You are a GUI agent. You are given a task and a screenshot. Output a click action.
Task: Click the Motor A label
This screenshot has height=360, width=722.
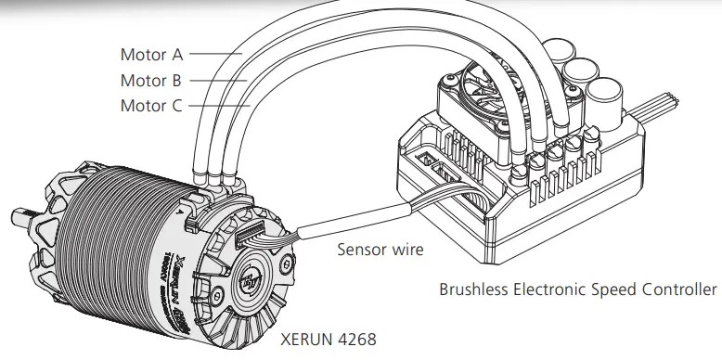click(150, 54)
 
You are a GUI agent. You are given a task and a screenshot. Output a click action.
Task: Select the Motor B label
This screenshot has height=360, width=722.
click(150, 80)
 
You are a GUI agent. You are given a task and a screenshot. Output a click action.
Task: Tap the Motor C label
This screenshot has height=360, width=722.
click(150, 106)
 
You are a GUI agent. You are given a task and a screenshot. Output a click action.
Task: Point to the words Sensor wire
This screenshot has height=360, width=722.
click(380, 249)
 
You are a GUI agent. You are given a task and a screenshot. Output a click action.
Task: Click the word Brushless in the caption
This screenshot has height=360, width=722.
click(474, 289)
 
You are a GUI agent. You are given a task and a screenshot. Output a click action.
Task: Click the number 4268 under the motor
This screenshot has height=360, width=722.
click(355, 340)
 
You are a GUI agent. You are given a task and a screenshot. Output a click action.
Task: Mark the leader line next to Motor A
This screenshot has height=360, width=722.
click(213, 54)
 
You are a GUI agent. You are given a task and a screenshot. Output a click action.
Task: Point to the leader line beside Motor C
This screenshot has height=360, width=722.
click(219, 106)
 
